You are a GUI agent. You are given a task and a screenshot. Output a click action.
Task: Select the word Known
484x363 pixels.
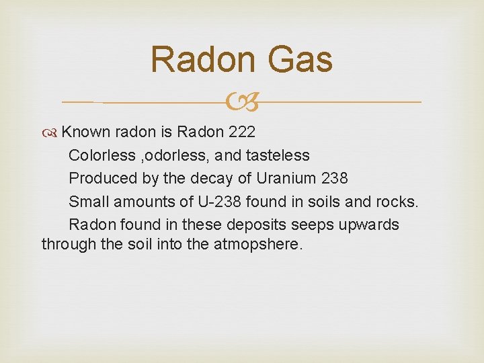(x=85, y=131)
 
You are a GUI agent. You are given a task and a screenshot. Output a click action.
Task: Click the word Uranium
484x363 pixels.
(x=274, y=178)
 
